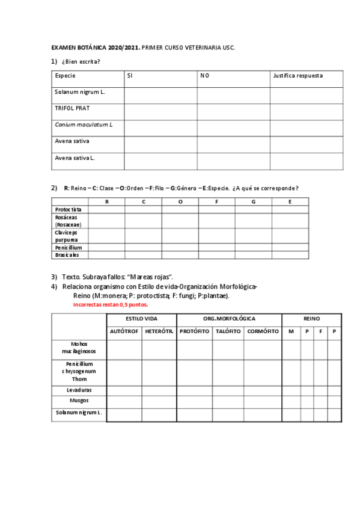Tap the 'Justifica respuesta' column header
point(297,76)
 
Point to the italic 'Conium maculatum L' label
point(84,124)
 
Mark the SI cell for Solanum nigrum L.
point(160,95)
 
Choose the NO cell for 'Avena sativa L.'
point(233,161)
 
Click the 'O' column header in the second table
point(180,201)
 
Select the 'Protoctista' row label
point(69,209)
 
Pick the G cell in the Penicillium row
point(253,247)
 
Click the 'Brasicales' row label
point(67,255)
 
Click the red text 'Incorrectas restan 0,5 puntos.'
point(110,304)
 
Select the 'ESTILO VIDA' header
point(141,318)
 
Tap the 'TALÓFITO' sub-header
point(228,331)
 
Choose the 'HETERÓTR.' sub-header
point(159,331)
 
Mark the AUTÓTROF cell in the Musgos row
point(124,401)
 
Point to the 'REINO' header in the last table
point(311,318)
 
